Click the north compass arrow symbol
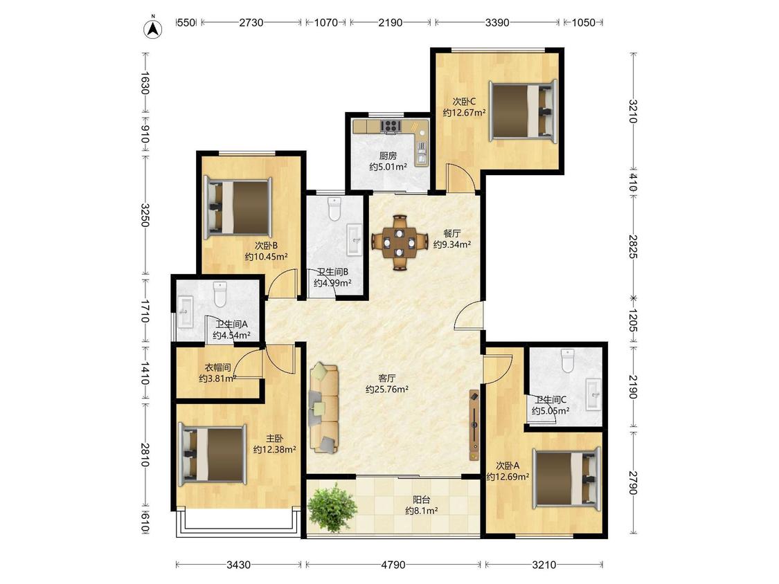click(154, 28)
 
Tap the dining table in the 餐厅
click(400, 242)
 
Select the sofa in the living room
click(324, 408)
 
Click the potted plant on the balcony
click(332, 507)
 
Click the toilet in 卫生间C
click(567, 361)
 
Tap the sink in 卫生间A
click(186, 312)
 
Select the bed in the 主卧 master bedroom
click(213, 455)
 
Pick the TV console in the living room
click(474, 425)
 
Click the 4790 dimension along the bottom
click(393, 565)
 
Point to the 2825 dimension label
click(633, 246)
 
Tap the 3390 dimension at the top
click(497, 22)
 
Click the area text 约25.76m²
click(387, 390)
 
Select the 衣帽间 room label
click(217, 368)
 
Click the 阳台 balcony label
click(421, 500)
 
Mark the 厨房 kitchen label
click(388, 156)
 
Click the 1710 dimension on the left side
click(145, 311)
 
